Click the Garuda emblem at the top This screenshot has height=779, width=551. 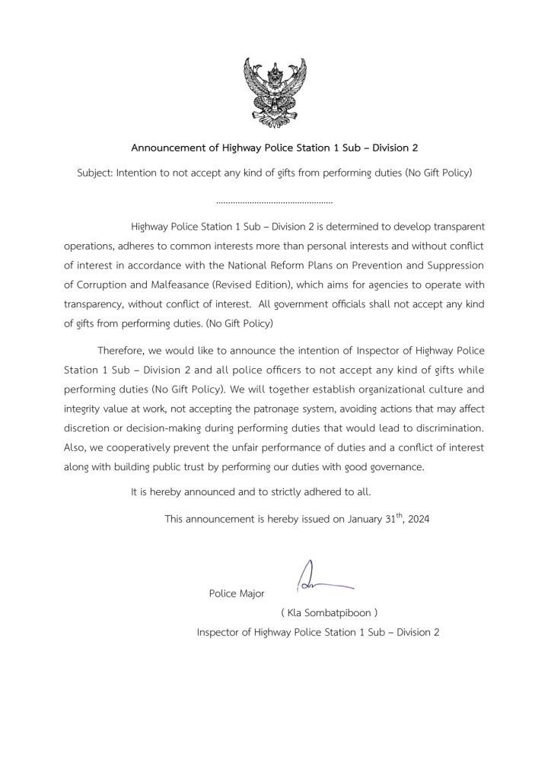(275, 90)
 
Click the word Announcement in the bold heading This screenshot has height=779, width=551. (167, 148)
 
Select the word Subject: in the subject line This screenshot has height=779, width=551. (96, 173)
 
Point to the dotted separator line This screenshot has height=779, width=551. (275, 203)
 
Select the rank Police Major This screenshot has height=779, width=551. (237, 593)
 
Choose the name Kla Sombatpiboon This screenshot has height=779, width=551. (330, 612)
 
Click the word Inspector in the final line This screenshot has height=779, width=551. (220, 632)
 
